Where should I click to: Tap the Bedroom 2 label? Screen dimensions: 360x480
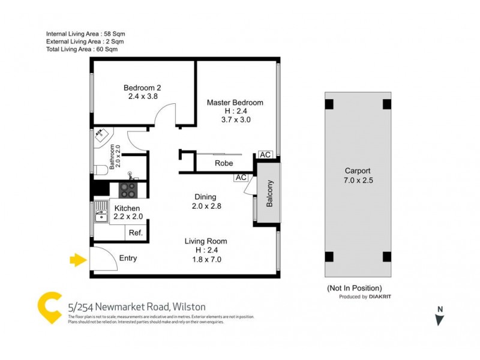pos(142,88)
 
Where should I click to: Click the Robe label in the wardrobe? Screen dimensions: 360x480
pos(224,163)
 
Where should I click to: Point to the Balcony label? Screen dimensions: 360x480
pos(270,194)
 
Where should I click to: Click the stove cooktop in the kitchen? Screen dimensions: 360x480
pos(128,190)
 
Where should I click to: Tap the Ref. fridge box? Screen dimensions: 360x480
pos(135,233)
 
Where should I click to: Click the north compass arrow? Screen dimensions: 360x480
pos(440,319)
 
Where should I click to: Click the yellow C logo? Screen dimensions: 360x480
pos(50,308)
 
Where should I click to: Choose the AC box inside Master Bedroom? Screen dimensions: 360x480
pos(266,155)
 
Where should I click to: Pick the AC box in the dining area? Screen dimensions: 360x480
pos(241,178)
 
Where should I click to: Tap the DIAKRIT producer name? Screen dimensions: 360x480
pos(382,297)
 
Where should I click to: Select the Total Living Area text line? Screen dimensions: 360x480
pos(82,49)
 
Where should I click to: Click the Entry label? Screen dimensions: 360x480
pos(128,259)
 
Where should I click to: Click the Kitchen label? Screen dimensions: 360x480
pos(127,208)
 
